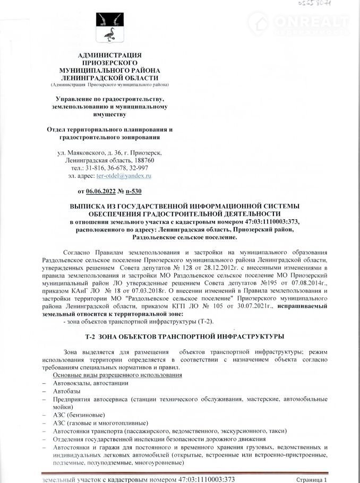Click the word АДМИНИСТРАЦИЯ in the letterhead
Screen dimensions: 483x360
[x=109, y=56]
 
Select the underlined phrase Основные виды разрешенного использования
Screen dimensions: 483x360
[x=117, y=375]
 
